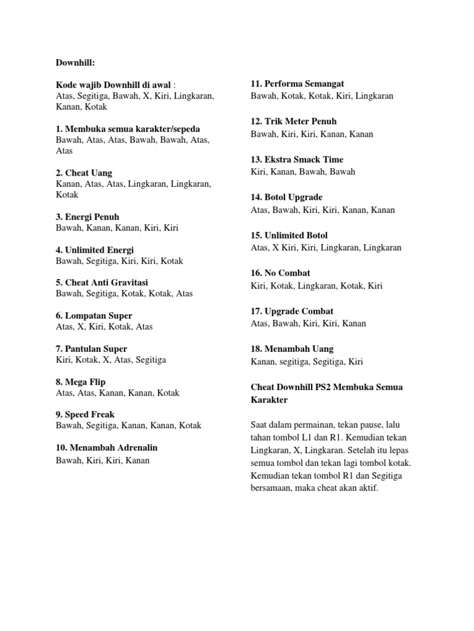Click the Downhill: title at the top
(x=76, y=62)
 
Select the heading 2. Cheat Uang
(x=84, y=173)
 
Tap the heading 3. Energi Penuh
(x=88, y=217)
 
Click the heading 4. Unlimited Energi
(x=94, y=250)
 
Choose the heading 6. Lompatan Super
(x=94, y=315)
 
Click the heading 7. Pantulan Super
(x=91, y=349)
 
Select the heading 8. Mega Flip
(x=80, y=382)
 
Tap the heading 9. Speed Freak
(x=85, y=415)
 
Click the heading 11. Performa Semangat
(x=297, y=83)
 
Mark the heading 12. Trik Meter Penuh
(x=294, y=121)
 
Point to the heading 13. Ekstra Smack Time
(x=297, y=160)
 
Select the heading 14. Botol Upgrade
(x=286, y=197)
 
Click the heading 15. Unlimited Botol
(x=289, y=235)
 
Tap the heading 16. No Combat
(x=281, y=273)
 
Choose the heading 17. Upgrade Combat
(x=292, y=311)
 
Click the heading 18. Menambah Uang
(x=293, y=349)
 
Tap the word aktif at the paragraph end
(x=368, y=487)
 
